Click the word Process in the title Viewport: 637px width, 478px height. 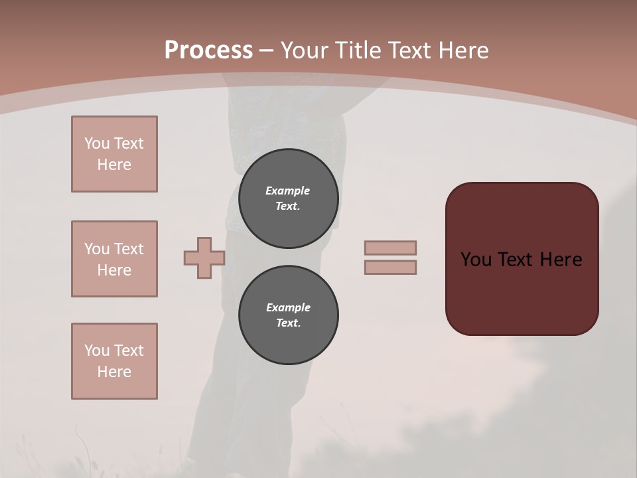pos(208,50)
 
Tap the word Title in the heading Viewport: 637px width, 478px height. pos(360,50)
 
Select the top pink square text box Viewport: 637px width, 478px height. pos(114,154)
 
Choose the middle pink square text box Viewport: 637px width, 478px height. pos(114,259)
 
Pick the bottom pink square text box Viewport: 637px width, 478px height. pos(114,361)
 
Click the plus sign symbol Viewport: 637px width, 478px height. pos(204,258)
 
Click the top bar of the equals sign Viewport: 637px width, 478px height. pos(390,248)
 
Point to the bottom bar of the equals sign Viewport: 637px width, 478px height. pos(390,267)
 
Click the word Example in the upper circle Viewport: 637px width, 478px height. pos(288,191)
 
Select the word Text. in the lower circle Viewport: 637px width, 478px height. pos(288,323)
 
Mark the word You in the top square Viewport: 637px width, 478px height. pos(96,143)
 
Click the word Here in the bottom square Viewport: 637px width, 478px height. pos(114,372)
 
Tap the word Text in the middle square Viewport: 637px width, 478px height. pos(129,249)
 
